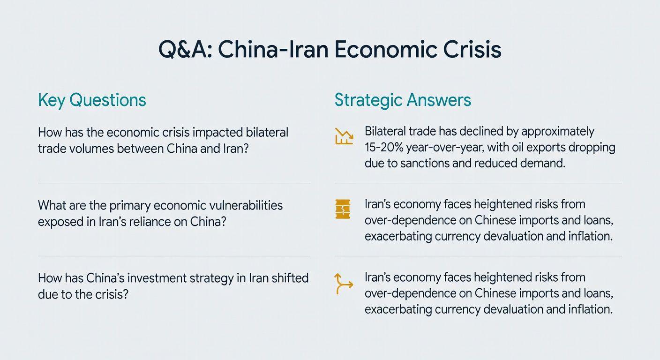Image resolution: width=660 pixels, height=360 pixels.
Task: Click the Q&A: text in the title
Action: [185, 50]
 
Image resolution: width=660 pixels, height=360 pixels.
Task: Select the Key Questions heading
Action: [92, 100]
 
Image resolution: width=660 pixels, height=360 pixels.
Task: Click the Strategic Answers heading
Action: [403, 100]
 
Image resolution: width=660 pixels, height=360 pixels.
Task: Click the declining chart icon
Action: [344, 136]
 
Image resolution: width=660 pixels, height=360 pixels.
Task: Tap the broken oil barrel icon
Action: [343, 209]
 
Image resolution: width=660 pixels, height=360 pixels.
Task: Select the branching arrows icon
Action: [344, 284]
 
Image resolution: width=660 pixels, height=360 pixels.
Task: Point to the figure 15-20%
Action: [384, 147]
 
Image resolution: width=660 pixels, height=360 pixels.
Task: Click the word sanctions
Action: [425, 163]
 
